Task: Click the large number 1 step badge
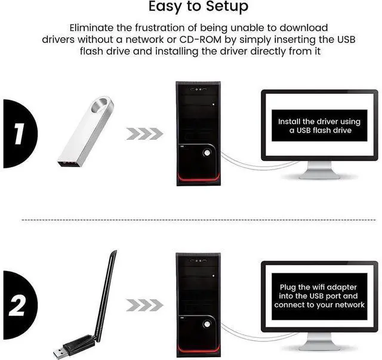(x=18, y=134)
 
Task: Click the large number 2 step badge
(x=18, y=307)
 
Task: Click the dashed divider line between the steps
(x=191, y=220)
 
